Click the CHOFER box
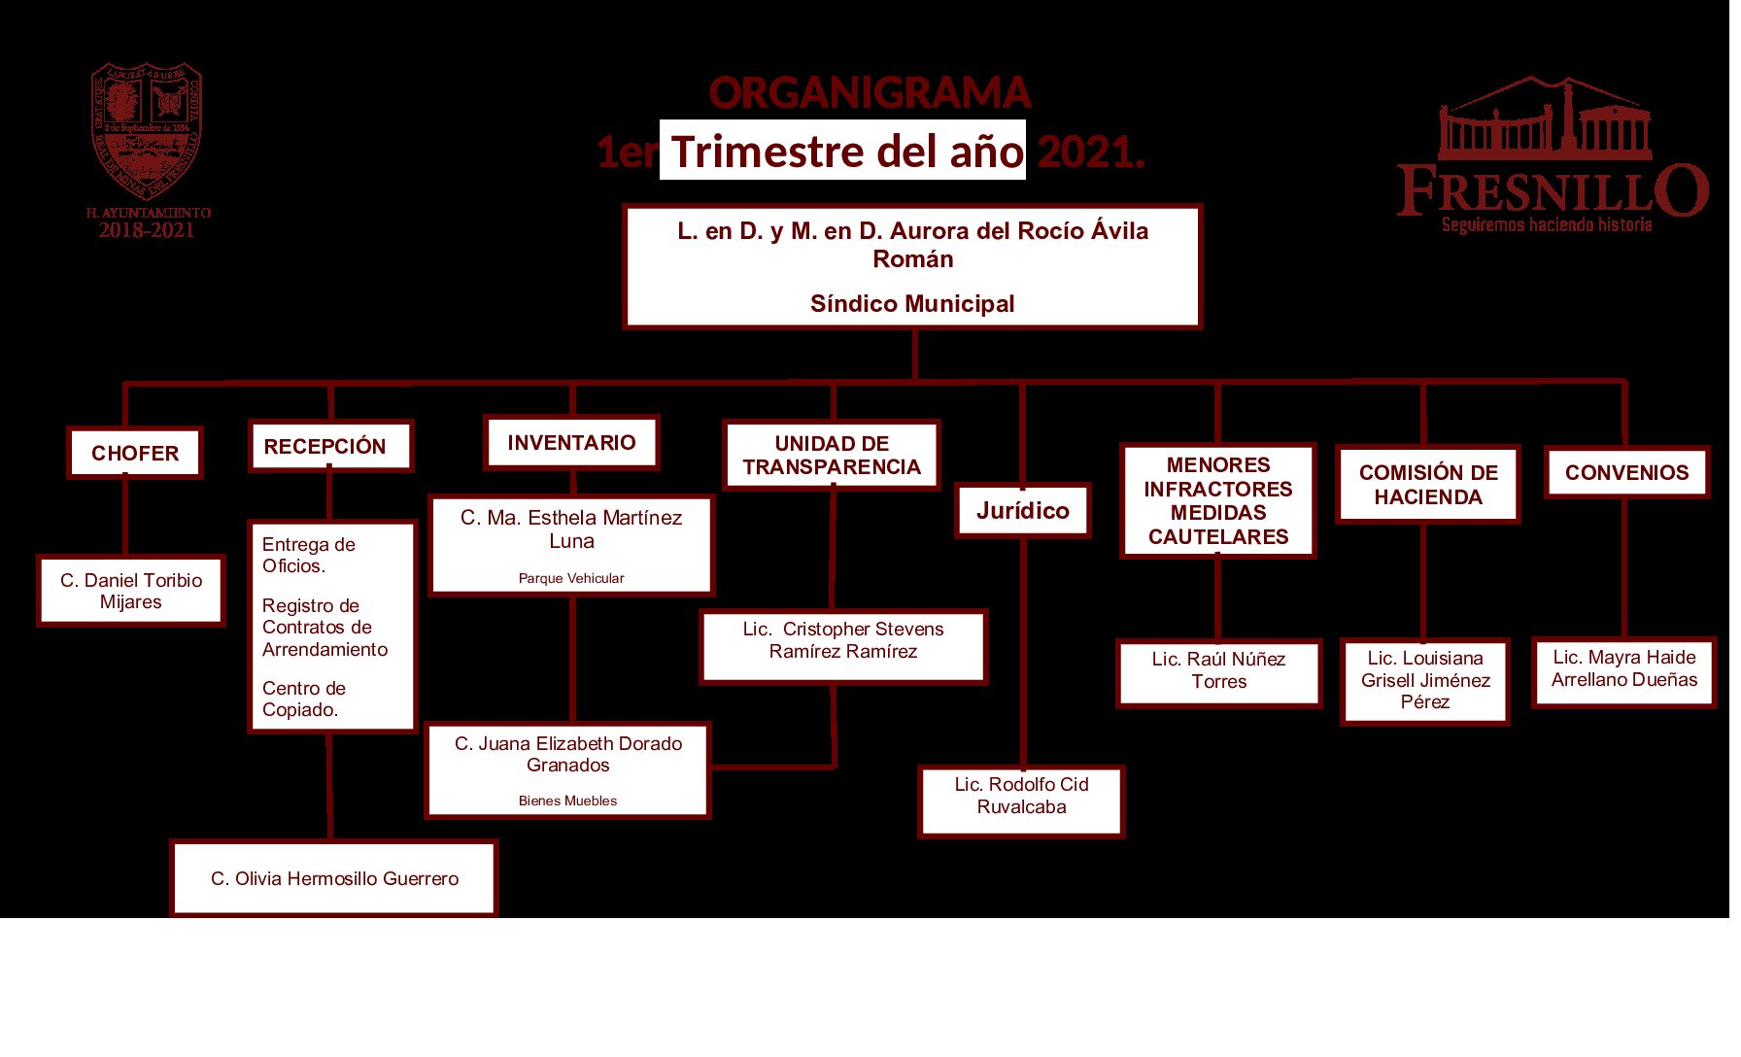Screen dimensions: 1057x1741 pos(135,454)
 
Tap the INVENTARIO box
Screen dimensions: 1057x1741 pos(571,443)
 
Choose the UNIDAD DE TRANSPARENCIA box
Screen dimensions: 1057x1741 pos(832,456)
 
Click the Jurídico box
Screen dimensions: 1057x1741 pos(1023,511)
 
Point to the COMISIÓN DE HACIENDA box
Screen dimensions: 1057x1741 pos(1427,485)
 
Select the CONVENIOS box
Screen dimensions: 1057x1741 pos(1626,473)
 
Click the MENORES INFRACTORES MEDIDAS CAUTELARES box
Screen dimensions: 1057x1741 pos(1218,501)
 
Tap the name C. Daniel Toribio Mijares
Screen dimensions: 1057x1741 pos(131,591)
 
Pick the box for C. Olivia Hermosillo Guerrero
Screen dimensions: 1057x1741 pos(334,879)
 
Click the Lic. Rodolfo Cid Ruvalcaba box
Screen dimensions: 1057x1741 pos(1021,797)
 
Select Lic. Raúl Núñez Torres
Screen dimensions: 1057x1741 pos(1218,671)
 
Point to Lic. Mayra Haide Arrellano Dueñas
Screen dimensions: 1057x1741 pos(1624,669)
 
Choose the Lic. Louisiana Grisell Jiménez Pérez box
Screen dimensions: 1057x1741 pos(1425,680)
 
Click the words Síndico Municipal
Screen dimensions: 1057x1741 pos(912,304)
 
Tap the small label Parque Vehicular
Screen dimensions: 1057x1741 pos(571,579)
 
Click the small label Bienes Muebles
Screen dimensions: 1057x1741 pos(567,801)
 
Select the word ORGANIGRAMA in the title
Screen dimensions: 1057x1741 pos(870,93)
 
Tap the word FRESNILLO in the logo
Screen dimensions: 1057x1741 pos(1553,190)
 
